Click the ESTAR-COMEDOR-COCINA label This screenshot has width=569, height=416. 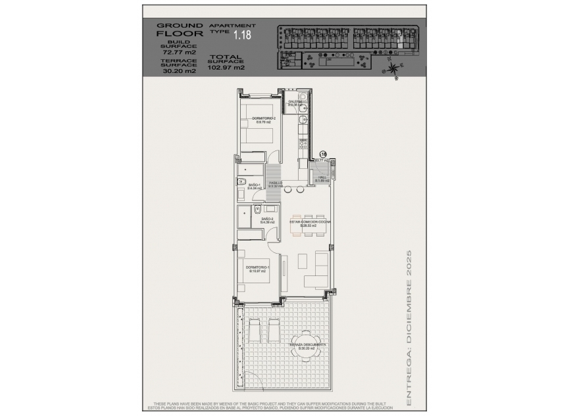pyautogui.click(x=310, y=223)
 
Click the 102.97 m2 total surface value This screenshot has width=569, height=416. pyautogui.click(x=226, y=67)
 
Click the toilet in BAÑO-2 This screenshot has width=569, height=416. pyautogui.click(x=257, y=210)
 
